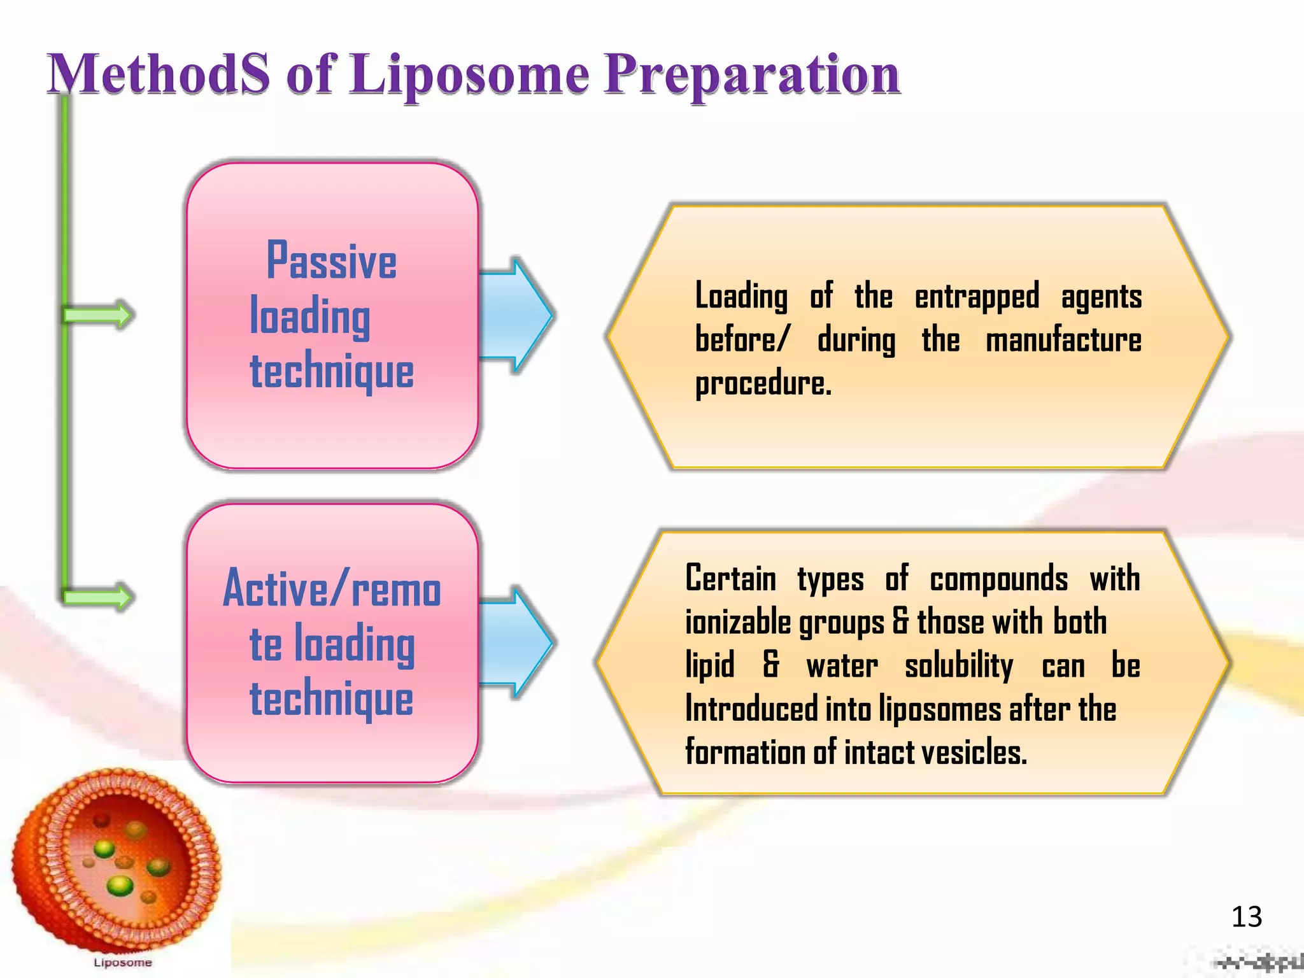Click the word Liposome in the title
(x=469, y=75)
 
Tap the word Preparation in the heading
(x=751, y=75)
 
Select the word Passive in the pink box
(x=331, y=261)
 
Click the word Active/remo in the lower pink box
(x=332, y=589)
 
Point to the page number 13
(x=1246, y=917)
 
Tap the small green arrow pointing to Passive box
(x=99, y=315)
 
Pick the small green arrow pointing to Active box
(x=99, y=597)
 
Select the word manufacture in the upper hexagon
(x=1063, y=340)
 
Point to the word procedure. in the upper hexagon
(x=763, y=384)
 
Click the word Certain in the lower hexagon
(x=730, y=579)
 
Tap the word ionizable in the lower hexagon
(x=739, y=623)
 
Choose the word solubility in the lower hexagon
(x=958, y=667)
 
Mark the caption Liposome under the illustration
(x=122, y=962)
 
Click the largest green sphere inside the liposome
(x=119, y=885)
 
